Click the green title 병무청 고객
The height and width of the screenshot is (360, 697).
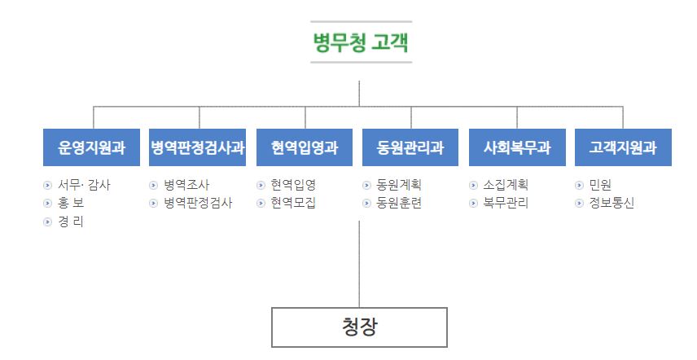[360, 42]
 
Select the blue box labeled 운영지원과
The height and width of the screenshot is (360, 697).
[92, 147]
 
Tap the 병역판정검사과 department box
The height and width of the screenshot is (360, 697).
[198, 147]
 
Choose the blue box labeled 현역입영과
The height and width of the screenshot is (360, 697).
[305, 147]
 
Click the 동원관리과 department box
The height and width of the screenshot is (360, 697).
[410, 147]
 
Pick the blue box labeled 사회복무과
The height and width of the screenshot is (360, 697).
[517, 147]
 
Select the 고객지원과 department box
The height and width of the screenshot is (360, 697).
[623, 147]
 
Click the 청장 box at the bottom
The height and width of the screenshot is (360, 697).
[359, 327]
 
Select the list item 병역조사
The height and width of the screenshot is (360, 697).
[186, 185]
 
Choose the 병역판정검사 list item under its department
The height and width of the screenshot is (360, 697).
[198, 204]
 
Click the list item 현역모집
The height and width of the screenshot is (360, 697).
[293, 204]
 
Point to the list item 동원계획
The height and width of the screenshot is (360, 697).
[399, 185]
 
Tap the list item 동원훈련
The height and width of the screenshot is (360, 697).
[399, 204]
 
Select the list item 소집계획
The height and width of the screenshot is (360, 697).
[506, 185]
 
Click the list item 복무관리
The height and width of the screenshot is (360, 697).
[506, 204]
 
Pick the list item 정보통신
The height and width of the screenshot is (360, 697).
[612, 204]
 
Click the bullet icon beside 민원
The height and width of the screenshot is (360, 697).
[579, 185]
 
